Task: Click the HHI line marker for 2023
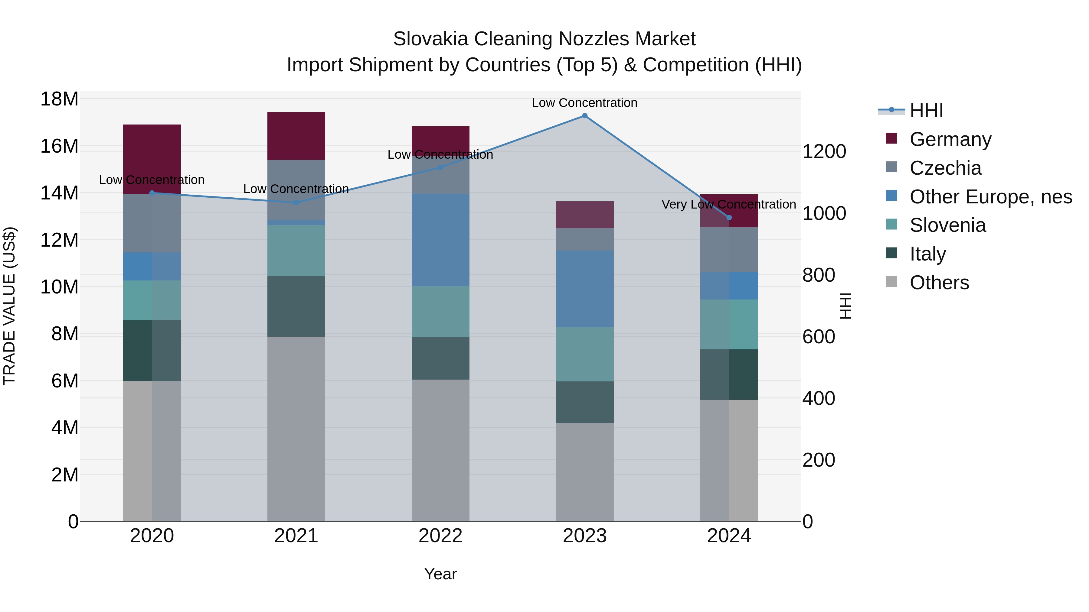[x=585, y=116]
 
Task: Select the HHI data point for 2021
[x=296, y=202]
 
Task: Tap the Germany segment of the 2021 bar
[x=296, y=136]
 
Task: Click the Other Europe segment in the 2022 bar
[x=440, y=240]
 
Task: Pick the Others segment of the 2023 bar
[x=585, y=472]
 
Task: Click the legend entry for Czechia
[x=945, y=168]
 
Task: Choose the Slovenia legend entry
[x=947, y=225]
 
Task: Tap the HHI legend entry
[x=926, y=111]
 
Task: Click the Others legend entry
[x=939, y=283]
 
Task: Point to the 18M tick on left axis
[x=59, y=99]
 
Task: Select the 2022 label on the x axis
[x=440, y=536]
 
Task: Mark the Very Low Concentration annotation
[x=728, y=204]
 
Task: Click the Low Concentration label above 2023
[x=585, y=103]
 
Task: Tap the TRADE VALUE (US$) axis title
[x=9, y=306]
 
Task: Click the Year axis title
[x=440, y=574]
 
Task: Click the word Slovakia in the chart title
[x=430, y=39]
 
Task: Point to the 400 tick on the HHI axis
[x=819, y=398]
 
